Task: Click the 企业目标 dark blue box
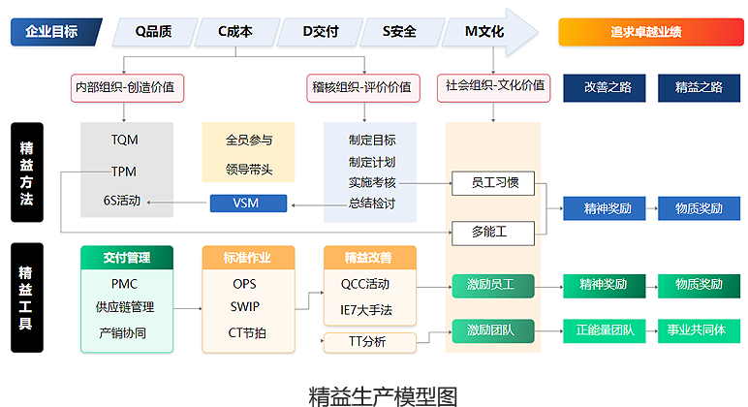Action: [55, 32]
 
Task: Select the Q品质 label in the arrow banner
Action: [154, 32]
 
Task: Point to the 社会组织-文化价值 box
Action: [494, 85]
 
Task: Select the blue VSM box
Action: [248, 203]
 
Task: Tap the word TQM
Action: [124, 141]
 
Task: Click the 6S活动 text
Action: [122, 202]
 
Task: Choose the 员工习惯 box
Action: [494, 181]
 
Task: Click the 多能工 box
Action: [490, 232]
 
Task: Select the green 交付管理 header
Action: [126, 258]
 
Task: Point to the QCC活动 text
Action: [365, 285]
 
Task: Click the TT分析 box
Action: [367, 341]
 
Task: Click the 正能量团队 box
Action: [604, 329]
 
